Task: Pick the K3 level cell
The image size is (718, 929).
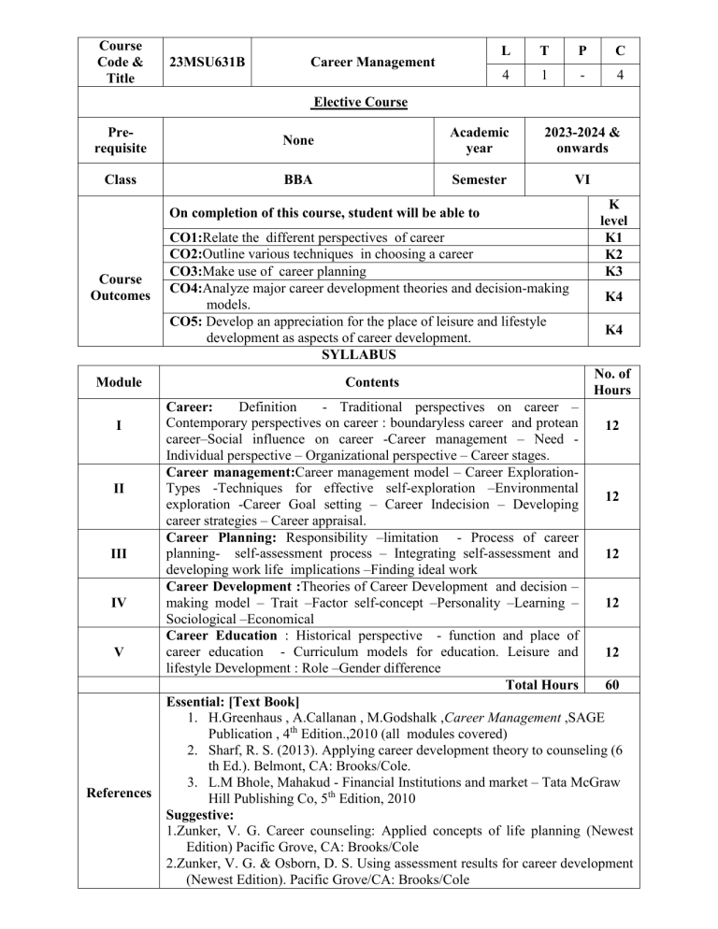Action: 615,273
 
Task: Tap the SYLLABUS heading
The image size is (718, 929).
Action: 359,355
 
